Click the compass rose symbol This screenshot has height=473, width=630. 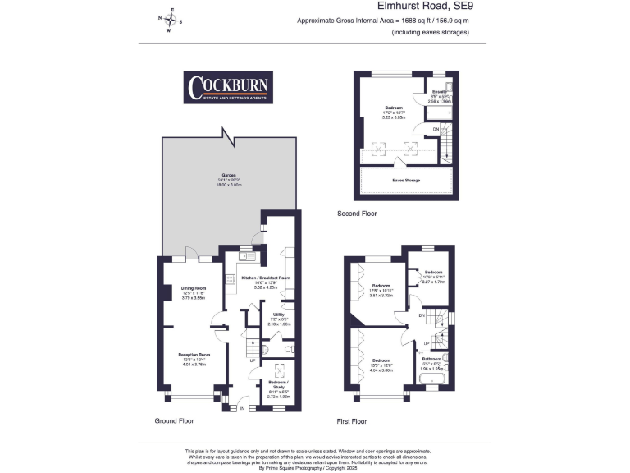point(171,21)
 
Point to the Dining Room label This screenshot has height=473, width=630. point(194,288)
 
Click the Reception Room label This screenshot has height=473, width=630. point(194,355)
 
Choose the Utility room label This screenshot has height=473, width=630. point(280,315)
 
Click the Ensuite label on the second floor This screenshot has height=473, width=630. point(440,92)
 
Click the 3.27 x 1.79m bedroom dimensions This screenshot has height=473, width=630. point(433,280)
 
